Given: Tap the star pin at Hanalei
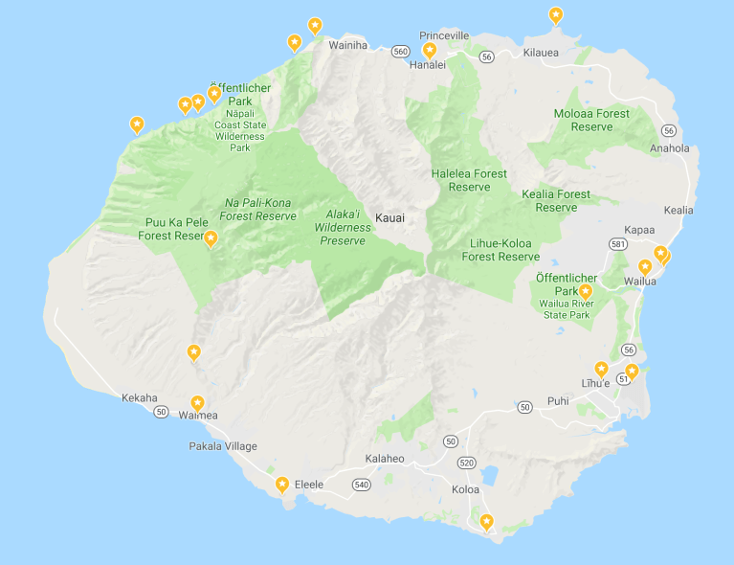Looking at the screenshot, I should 430,51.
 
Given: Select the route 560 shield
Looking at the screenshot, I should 400,52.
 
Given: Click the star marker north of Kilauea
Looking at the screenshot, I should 555,15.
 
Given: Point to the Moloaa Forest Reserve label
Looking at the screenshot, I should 591,120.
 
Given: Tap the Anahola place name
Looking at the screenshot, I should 669,148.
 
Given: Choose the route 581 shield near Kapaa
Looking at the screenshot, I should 618,245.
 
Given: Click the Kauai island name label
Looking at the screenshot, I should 389,218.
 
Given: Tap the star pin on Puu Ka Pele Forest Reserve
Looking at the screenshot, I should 211,238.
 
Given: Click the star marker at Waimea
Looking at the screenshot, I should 198,404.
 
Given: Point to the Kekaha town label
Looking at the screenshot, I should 140,397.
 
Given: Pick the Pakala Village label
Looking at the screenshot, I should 223,446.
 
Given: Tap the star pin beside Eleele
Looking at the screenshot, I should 282,485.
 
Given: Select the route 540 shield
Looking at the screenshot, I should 361,485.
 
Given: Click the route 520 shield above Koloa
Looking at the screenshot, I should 467,463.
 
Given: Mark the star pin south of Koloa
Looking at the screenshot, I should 487,522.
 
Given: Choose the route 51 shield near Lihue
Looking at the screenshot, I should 624,380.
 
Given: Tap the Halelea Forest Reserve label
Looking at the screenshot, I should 469,180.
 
